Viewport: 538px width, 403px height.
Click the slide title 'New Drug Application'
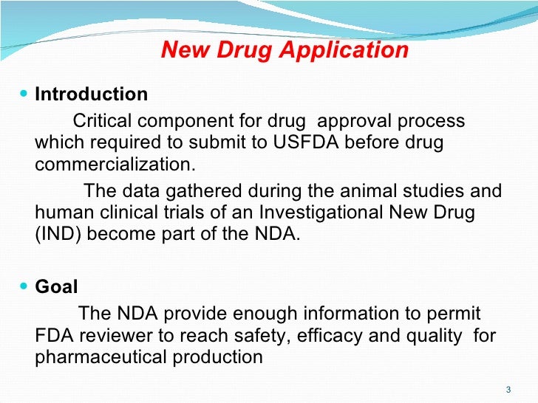coord(285,50)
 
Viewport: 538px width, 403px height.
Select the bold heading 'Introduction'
coord(92,94)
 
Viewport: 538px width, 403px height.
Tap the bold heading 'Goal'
coord(57,287)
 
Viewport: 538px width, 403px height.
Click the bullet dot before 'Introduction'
coord(27,94)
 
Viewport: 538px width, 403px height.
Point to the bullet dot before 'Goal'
coord(27,287)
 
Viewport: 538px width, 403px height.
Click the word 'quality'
coord(437,335)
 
